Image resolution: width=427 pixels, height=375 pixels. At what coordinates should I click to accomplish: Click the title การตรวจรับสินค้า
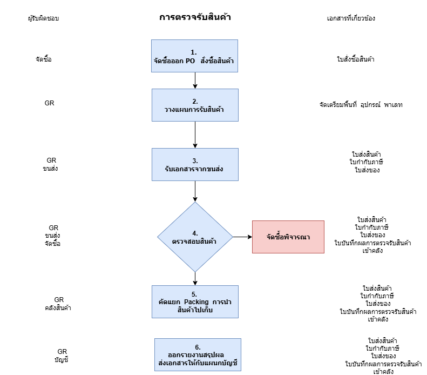(195, 17)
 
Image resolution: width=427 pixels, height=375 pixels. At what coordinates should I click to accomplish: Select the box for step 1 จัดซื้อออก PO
(194, 56)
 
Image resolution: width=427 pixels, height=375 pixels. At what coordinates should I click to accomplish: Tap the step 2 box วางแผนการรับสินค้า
(194, 105)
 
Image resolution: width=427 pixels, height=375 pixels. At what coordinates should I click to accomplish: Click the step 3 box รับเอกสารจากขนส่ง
(194, 165)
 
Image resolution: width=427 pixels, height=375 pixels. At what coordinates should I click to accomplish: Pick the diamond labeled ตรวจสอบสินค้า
(194, 237)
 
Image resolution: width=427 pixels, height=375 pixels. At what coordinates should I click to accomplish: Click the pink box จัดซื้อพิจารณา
(288, 237)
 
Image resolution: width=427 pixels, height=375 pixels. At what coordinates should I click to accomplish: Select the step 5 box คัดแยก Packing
(194, 302)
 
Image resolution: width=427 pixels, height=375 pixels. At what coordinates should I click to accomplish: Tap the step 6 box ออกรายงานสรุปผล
(198, 354)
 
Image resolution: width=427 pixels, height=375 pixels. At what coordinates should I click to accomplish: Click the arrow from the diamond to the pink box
(242, 237)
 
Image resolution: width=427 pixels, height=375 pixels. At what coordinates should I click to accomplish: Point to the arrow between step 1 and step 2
(195, 80)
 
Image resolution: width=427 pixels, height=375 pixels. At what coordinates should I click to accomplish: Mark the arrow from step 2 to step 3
(195, 135)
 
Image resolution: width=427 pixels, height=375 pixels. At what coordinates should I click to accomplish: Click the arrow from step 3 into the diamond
(195, 191)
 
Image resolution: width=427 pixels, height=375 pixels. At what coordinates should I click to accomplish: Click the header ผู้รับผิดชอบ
(44, 18)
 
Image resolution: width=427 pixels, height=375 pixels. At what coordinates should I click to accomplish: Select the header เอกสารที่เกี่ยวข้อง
(351, 18)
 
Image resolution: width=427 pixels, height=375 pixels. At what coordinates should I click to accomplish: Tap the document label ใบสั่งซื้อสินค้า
(355, 59)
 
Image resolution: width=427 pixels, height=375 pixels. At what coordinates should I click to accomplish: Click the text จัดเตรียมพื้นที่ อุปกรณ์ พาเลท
(361, 105)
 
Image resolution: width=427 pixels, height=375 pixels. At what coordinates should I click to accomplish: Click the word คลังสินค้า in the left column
(59, 308)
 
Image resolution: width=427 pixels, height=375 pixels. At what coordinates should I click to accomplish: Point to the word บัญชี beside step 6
(62, 359)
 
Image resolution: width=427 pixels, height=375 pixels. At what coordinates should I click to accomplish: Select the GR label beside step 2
(50, 103)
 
